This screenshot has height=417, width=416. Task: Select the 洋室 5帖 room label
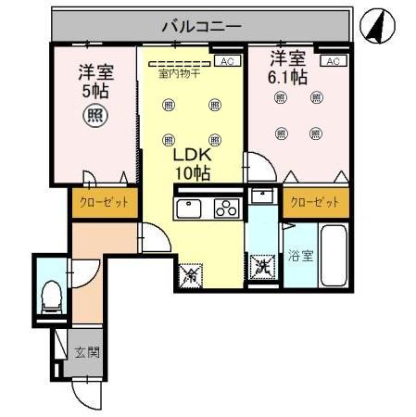93,81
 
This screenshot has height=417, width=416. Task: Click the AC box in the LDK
225,61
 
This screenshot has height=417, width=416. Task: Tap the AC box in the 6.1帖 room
334,61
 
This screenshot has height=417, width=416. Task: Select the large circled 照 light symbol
94,116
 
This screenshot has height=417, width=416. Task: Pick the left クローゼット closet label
103,202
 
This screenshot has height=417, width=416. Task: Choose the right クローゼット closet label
314,201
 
